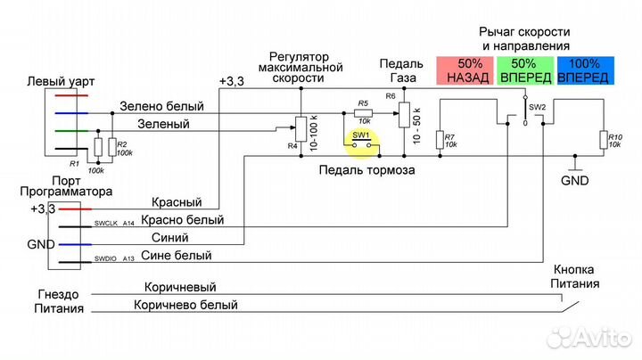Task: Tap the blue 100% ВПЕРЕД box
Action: click(585, 71)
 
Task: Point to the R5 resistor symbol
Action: click(363, 113)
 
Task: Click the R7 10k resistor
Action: click(439, 139)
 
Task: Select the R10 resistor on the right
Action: click(604, 139)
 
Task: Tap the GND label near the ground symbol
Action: click(575, 180)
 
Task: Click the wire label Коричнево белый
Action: click(186, 305)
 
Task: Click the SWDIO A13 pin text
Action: click(114, 259)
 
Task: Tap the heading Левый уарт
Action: click(62, 81)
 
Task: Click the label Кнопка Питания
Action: click(575, 276)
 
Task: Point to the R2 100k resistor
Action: click(111, 147)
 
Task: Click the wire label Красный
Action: click(177, 202)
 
